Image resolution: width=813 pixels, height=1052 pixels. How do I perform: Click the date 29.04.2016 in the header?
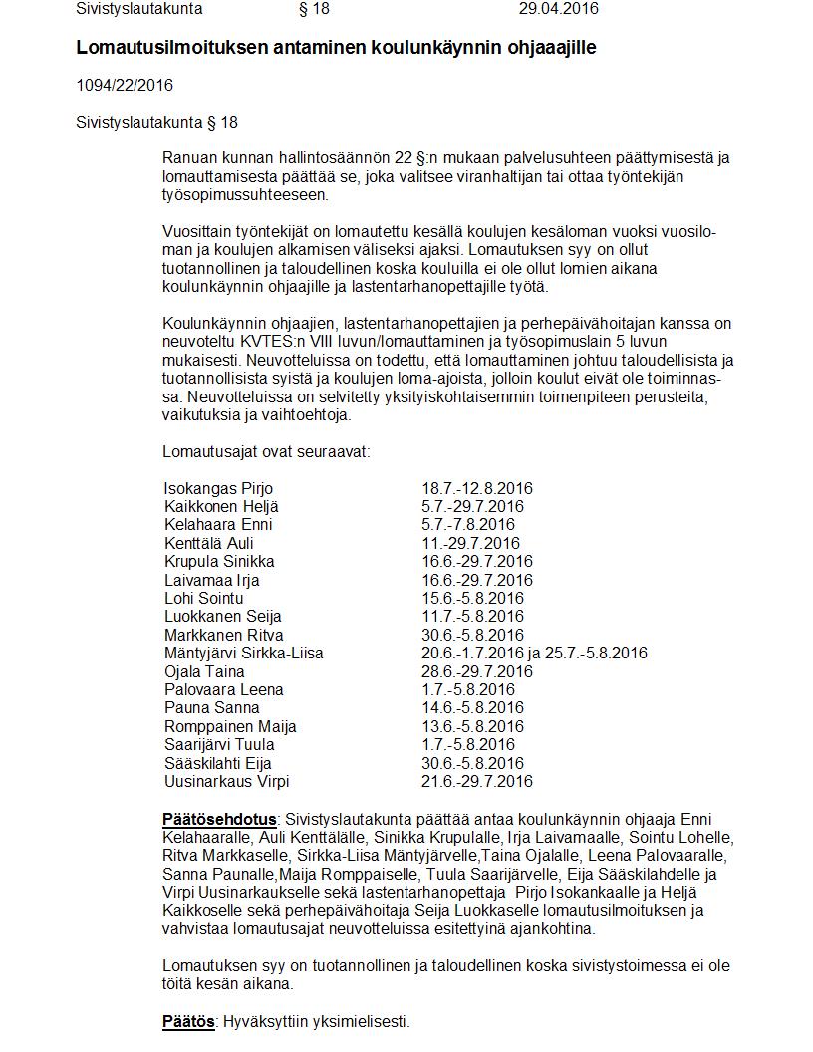click(558, 9)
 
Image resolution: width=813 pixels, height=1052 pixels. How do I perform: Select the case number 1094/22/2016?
click(125, 85)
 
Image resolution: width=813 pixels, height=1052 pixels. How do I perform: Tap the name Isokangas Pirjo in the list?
click(218, 488)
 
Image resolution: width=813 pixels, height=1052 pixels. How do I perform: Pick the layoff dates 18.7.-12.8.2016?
click(477, 488)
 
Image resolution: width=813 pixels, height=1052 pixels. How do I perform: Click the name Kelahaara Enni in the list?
click(218, 525)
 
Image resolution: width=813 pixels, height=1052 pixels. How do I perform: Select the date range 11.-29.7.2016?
click(470, 543)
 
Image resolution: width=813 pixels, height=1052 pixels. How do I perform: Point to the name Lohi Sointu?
click(203, 598)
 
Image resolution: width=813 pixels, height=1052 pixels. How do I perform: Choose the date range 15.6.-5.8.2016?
click(472, 598)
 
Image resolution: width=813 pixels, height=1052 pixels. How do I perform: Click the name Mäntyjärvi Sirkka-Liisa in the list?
click(243, 654)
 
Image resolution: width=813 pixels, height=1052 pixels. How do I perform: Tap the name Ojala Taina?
click(204, 671)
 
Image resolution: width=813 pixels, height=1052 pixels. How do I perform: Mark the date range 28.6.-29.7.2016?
click(477, 671)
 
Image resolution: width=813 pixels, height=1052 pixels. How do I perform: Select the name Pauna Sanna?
click(211, 708)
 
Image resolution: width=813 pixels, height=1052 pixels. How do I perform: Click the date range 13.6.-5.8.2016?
click(472, 726)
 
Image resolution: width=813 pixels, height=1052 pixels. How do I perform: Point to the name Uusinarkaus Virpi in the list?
click(227, 781)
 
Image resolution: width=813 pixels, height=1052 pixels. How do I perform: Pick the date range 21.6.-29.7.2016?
click(477, 781)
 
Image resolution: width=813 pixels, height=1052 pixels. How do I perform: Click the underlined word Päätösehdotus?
click(219, 819)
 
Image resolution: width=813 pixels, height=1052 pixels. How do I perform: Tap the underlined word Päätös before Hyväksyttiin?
click(188, 1021)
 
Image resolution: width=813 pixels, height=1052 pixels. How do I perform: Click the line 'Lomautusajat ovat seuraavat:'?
click(266, 451)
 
